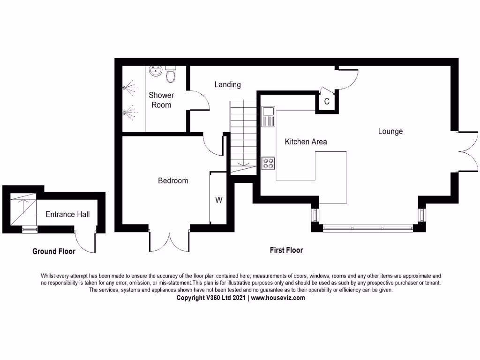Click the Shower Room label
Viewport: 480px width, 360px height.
tap(161, 100)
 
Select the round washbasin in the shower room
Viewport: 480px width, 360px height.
tap(155, 71)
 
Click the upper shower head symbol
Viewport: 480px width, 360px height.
tap(129, 88)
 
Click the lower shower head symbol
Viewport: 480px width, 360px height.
tap(129, 112)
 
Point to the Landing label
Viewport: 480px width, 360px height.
tap(227, 84)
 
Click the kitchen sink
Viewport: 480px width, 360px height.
tap(268, 116)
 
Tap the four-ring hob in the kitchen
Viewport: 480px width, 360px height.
tap(269, 163)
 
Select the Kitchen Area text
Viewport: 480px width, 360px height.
tap(306, 141)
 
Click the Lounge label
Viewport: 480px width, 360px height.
tap(390, 131)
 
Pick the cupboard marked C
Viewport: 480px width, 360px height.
tap(327, 101)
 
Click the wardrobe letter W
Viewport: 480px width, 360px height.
tap(218, 200)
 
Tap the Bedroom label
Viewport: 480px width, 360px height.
tap(173, 180)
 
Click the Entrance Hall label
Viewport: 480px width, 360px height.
tap(67, 214)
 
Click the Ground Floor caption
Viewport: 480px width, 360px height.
tap(53, 251)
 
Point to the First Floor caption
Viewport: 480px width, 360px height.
tap(286, 250)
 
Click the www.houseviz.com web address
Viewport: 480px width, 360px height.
tap(278, 298)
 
